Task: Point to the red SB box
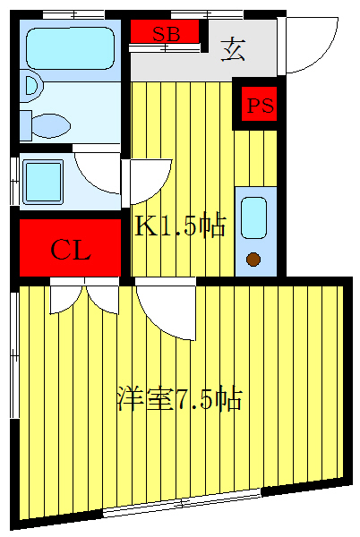pyautogui.click(x=166, y=33)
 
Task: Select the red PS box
pyautogui.click(x=259, y=105)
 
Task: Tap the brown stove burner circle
pyautogui.click(x=253, y=260)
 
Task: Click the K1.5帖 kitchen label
pyautogui.click(x=179, y=226)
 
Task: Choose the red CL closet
pyautogui.click(x=70, y=249)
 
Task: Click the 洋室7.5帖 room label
pyautogui.click(x=179, y=399)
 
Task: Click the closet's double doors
pyautogui.click(x=84, y=297)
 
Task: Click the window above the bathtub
pyautogui.click(x=64, y=15)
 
